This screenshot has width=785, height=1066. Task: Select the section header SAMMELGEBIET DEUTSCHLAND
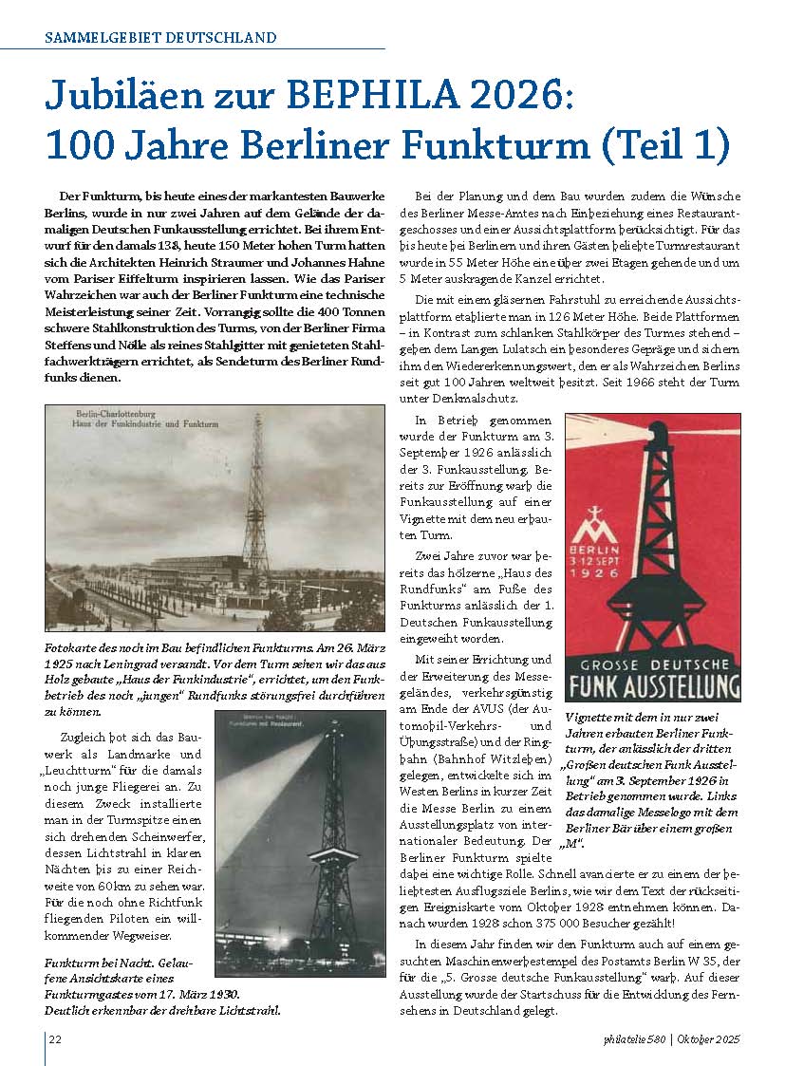coord(161,38)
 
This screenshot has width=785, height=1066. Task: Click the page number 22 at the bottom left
coord(55,1038)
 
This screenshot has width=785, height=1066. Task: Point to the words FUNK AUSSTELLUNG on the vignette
coord(653,686)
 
